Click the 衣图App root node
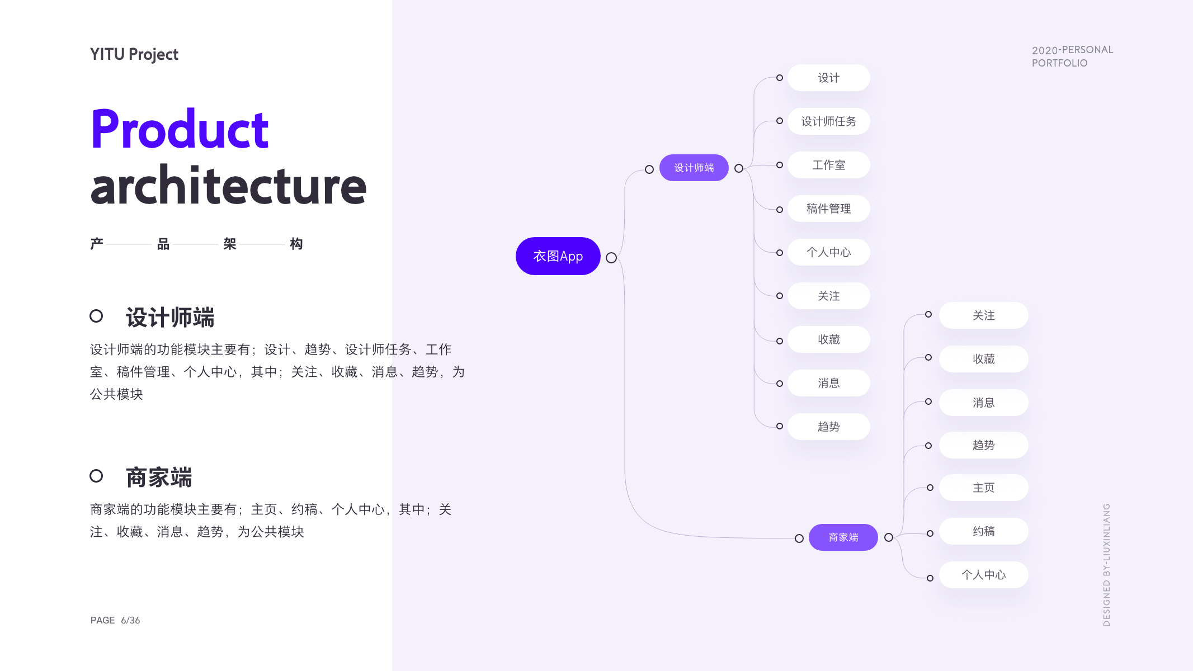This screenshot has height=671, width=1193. pyautogui.click(x=558, y=256)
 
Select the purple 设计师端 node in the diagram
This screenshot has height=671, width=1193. pyautogui.click(x=694, y=168)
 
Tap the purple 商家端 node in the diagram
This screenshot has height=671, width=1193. pyautogui.click(x=843, y=537)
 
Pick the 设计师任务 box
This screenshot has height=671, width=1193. pyautogui.click(x=828, y=121)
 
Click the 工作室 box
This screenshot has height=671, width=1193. pyautogui.click(x=828, y=165)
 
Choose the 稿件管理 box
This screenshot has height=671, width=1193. pyautogui.click(x=828, y=209)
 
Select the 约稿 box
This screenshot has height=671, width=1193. pyautogui.click(x=983, y=531)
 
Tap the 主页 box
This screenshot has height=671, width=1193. pyautogui.click(x=983, y=488)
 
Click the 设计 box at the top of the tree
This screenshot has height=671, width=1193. pyautogui.click(x=828, y=78)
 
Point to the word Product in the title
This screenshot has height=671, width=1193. pyautogui.click(x=180, y=130)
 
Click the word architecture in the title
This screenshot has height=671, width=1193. pyautogui.click(x=228, y=186)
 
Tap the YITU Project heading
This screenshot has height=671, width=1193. pyautogui.click(x=134, y=54)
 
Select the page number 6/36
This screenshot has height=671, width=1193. pyautogui.click(x=130, y=620)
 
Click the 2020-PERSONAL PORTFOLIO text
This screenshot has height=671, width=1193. pyautogui.click(x=1072, y=56)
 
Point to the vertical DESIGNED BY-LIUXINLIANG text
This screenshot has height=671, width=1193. pyautogui.click(x=1106, y=565)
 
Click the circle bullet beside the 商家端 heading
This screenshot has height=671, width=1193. pyautogui.click(x=96, y=476)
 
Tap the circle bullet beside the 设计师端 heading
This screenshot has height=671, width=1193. pyautogui.click(x=96, y=316)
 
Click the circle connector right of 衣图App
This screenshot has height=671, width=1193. pyautogui.click(x=611, y=258)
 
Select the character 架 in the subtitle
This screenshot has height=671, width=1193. pyautogui.click(x=229, y=244)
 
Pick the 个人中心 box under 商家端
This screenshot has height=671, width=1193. pyautogui.click(x=983, y=575)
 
